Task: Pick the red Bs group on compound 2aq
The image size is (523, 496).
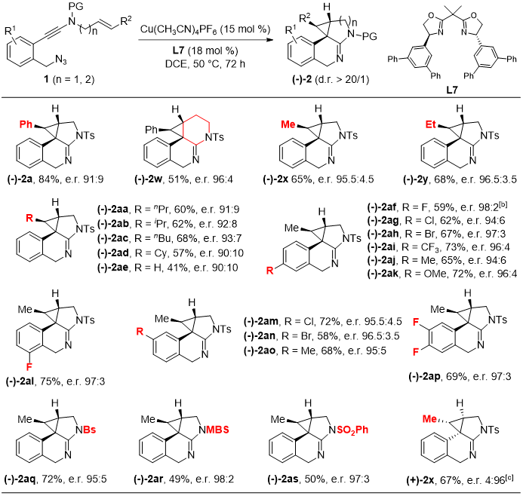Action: (x=81, y=434)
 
